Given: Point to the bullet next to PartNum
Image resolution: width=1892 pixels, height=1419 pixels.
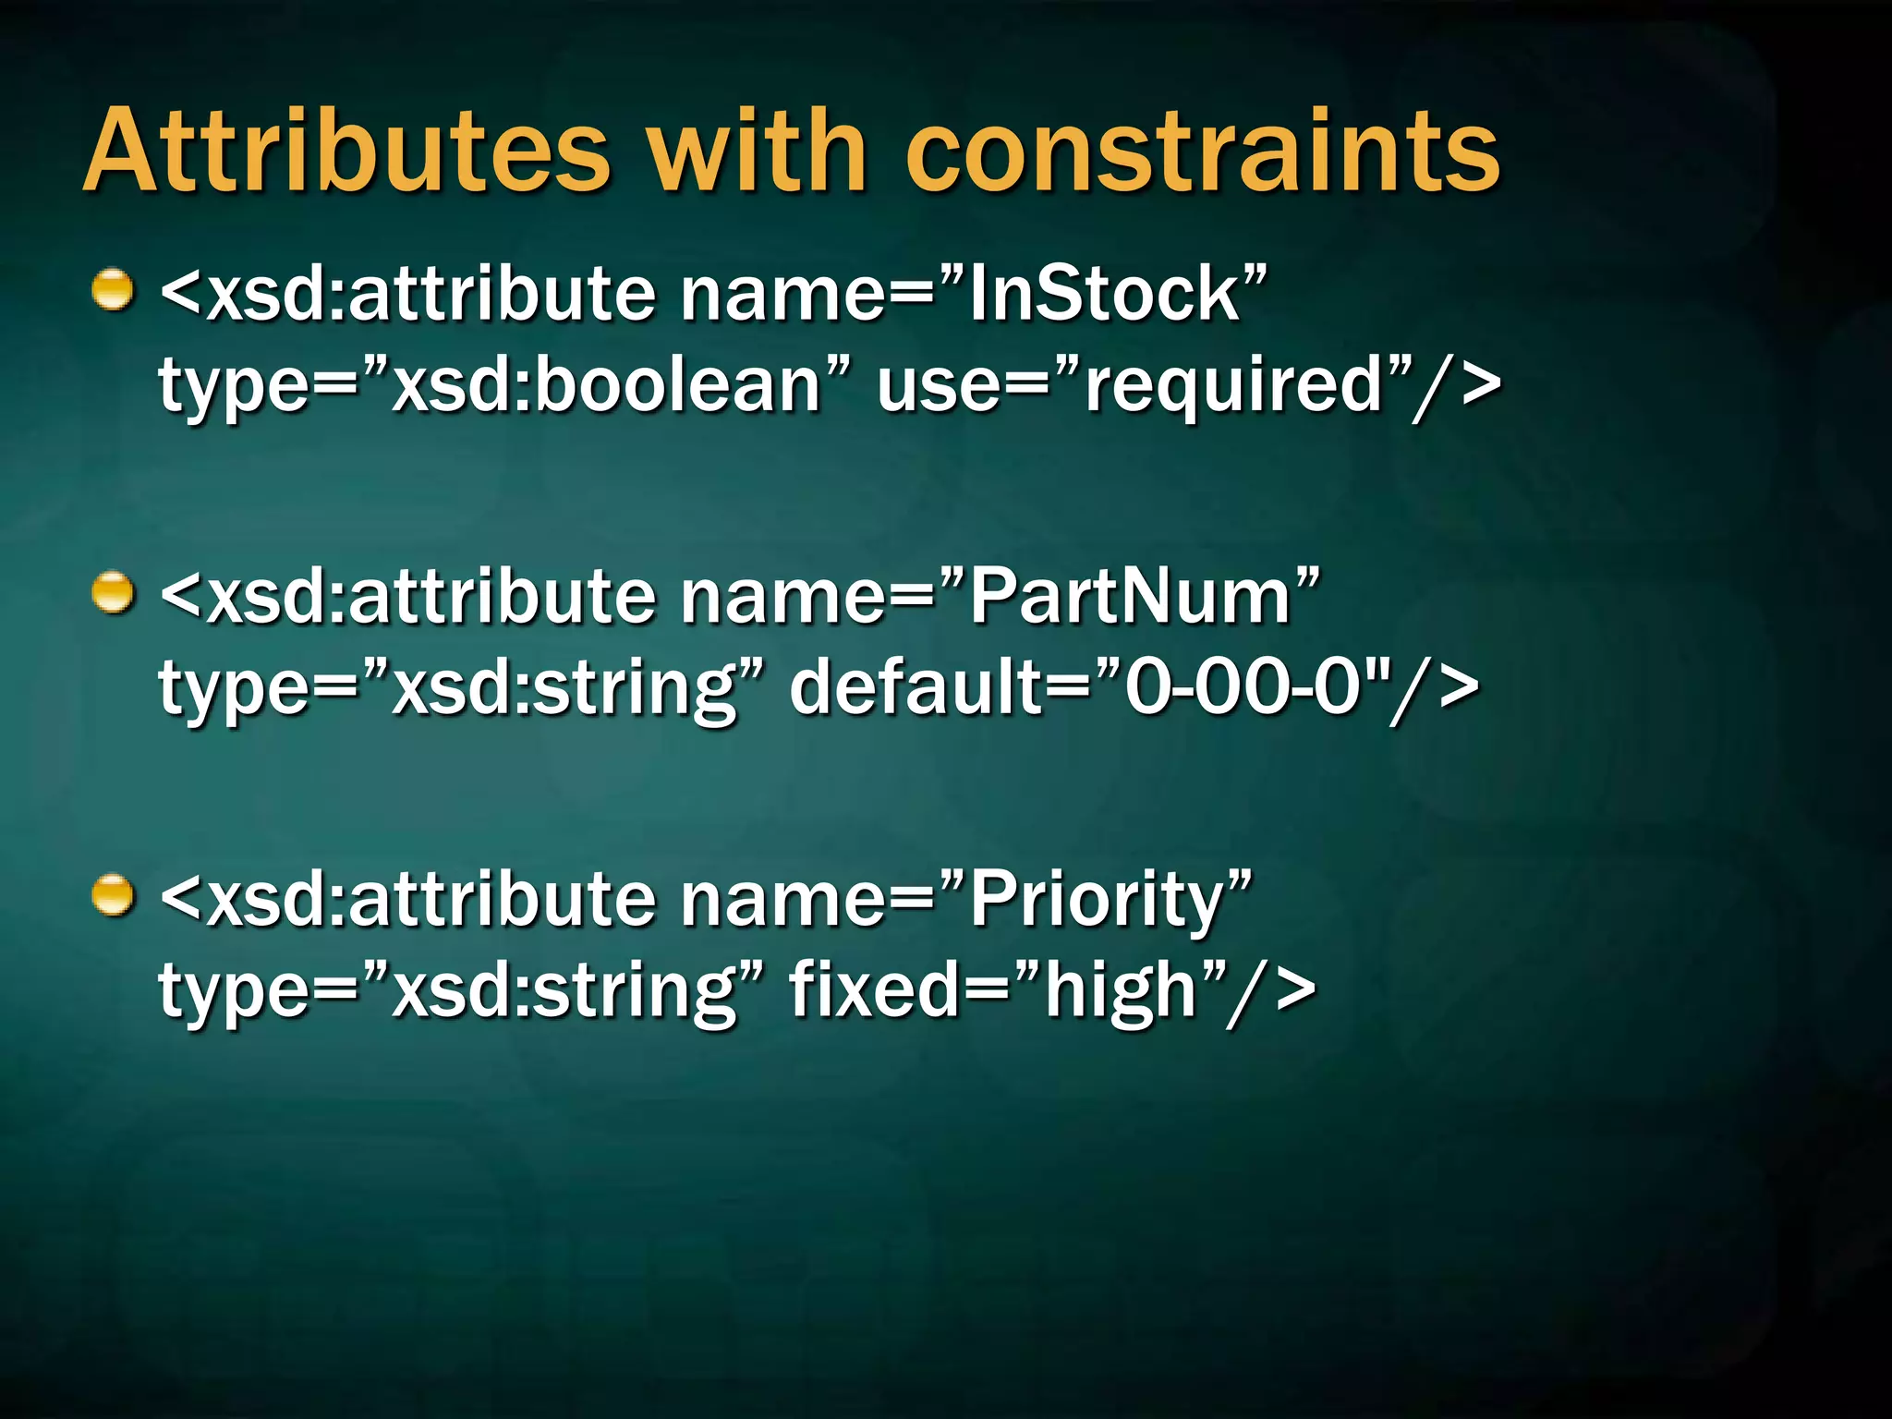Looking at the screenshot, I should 114,593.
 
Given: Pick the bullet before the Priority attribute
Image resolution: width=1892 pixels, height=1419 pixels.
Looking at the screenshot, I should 114,895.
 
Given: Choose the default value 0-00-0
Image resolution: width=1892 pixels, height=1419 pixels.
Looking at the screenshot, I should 1243,687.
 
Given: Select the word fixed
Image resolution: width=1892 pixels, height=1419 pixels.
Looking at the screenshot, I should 873,989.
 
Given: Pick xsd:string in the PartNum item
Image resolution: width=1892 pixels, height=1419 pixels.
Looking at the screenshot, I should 564,689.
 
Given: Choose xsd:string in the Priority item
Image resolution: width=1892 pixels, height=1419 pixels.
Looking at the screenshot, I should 564,991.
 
